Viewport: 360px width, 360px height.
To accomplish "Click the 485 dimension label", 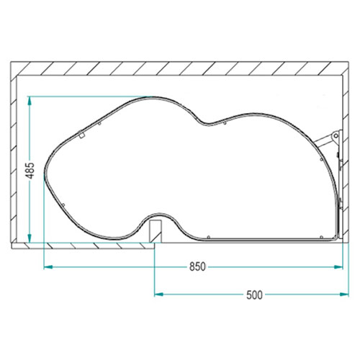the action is click(x=30, y=171).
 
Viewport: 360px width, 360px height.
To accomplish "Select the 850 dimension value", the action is click(x=197, y=266).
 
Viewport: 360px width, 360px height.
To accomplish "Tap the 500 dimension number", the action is click(x=254, y=294).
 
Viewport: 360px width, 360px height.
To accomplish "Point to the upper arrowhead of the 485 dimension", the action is click(x=30, y=101).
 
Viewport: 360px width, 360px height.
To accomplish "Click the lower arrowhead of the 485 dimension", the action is click(x=30, y=238).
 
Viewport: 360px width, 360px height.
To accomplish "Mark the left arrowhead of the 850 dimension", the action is click(x=48, y=266).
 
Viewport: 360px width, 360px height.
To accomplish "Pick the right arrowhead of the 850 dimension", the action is click(x=338, y=266).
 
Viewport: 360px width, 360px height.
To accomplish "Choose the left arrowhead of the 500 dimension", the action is click(x=159, y=294).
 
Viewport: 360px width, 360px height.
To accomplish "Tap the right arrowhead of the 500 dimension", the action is click(x=344, y=294).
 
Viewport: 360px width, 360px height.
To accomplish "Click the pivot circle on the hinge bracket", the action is click(x=336, y=136).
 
